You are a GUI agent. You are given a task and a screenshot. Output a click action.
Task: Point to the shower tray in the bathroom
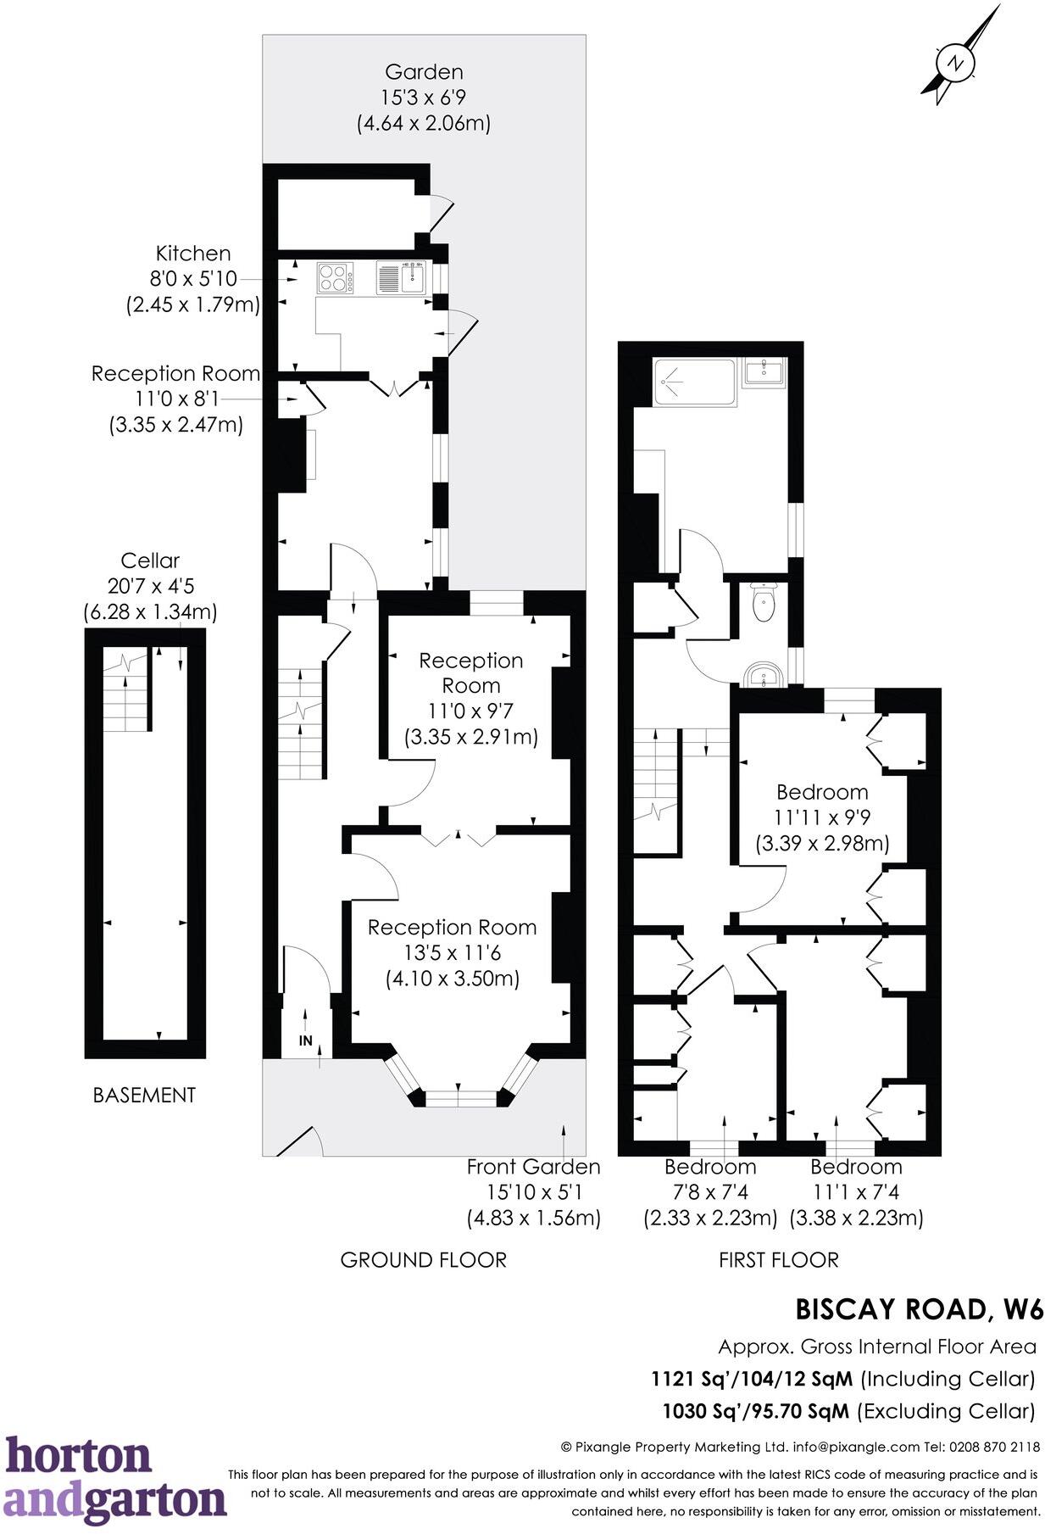coord(692,382)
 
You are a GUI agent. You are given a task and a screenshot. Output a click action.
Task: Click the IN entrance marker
coord(305,1040)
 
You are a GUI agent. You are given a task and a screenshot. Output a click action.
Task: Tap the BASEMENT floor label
coord(144,1095)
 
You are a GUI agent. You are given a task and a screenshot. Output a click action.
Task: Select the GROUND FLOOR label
coord(423,1259)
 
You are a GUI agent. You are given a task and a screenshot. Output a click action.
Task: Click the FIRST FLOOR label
coord(778,1259)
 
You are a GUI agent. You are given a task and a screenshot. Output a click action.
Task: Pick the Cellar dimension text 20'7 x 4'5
coord(150,586)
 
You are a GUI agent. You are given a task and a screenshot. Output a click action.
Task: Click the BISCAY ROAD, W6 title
coord(919,1309)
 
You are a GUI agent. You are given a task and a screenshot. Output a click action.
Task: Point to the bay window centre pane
coord(458,1098)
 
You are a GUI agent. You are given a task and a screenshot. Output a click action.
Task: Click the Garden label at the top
coord(423,72)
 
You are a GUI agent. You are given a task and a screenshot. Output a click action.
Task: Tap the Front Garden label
coord(533,1167)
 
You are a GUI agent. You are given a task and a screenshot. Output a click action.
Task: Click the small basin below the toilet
coord(765,677)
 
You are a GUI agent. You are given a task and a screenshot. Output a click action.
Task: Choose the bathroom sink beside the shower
coord(764,371)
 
